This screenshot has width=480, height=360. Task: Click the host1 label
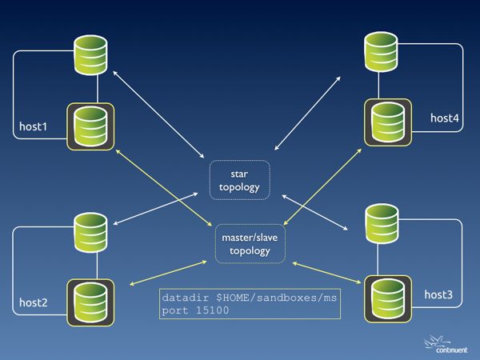(x=34, y=126)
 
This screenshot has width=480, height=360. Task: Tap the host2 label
(x=34, y=302)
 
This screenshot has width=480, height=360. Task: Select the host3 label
(x=438, y=295)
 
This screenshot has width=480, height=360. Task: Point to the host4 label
(x=445, y=118)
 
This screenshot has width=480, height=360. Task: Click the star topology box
(x=239, y=180)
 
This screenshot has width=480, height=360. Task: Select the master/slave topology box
(x=250, y=243)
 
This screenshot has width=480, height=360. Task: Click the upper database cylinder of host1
(x=90, y=54)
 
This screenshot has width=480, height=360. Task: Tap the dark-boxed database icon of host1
(x=90, y=126)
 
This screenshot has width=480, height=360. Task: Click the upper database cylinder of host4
(x=382, y=50)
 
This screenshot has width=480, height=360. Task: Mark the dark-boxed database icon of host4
(x=388, y=122)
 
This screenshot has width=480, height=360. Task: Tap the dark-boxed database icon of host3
(x=388, y=296)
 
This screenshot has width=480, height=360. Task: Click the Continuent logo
(x=446, y=345)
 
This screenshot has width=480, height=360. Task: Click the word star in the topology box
(x=239, y=173)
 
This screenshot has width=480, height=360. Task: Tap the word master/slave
(x=250, y=237)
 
